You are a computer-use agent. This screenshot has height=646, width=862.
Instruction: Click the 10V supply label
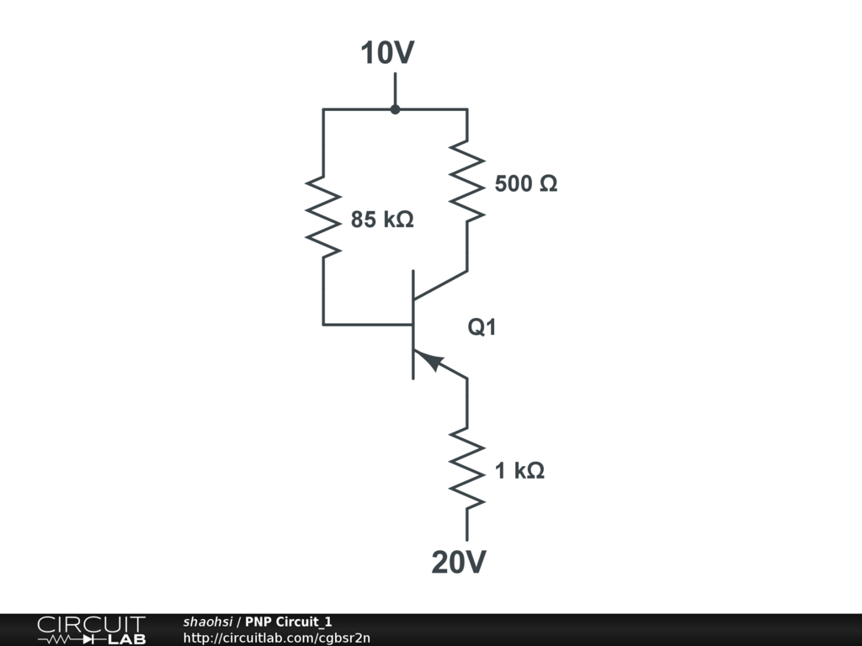(388, 53)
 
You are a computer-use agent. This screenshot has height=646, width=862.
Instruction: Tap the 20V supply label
(459, 562)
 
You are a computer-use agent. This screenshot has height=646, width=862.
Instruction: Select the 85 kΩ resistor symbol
(323, 214)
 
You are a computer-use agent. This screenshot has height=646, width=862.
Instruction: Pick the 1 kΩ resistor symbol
(467, 469)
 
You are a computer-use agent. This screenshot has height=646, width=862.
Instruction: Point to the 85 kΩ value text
(382, 220)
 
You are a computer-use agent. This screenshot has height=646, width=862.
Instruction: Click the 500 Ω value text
(525, 183)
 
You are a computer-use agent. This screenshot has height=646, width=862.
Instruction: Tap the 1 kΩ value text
(519, 471)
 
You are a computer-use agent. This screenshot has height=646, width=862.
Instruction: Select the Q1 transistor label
(482, 328)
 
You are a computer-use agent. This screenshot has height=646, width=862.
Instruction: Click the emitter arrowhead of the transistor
(432, 361)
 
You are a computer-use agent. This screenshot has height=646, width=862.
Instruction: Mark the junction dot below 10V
(395, 109)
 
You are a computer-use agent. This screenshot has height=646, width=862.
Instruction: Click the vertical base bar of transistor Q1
(412, 325)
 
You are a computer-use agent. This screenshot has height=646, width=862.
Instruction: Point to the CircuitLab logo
(91, 630)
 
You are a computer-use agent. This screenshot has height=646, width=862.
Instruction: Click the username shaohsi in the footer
(207, 622)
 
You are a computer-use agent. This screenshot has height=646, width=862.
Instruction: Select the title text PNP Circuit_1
(288, 622)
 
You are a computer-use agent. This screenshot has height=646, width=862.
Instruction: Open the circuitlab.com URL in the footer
(276, 638)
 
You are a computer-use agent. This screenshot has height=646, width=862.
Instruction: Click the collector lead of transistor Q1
(440, 285)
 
